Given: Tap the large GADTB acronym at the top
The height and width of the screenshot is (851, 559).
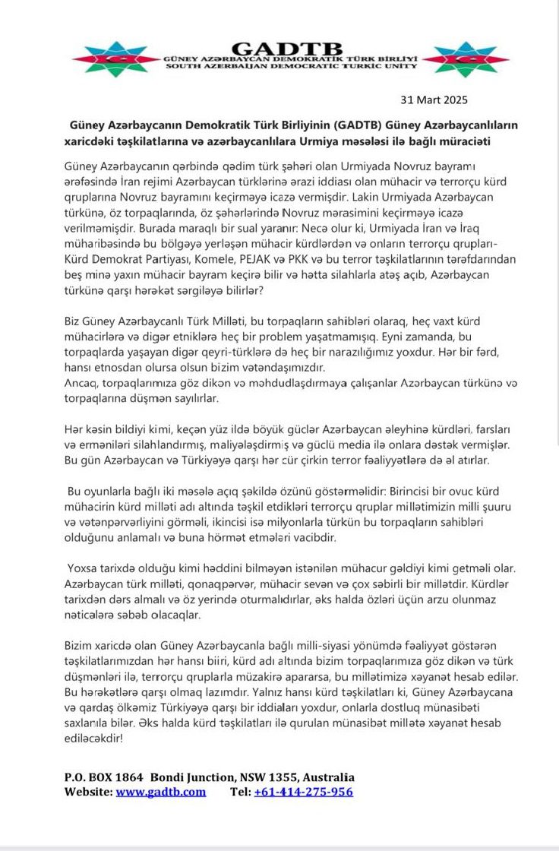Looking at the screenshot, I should (289, 48).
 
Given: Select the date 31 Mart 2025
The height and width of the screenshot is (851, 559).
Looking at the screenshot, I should (434, 100).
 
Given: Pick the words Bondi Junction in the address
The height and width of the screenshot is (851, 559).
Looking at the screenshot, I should (194, 777).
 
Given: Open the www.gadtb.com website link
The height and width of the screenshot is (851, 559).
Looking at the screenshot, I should (160, 792).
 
